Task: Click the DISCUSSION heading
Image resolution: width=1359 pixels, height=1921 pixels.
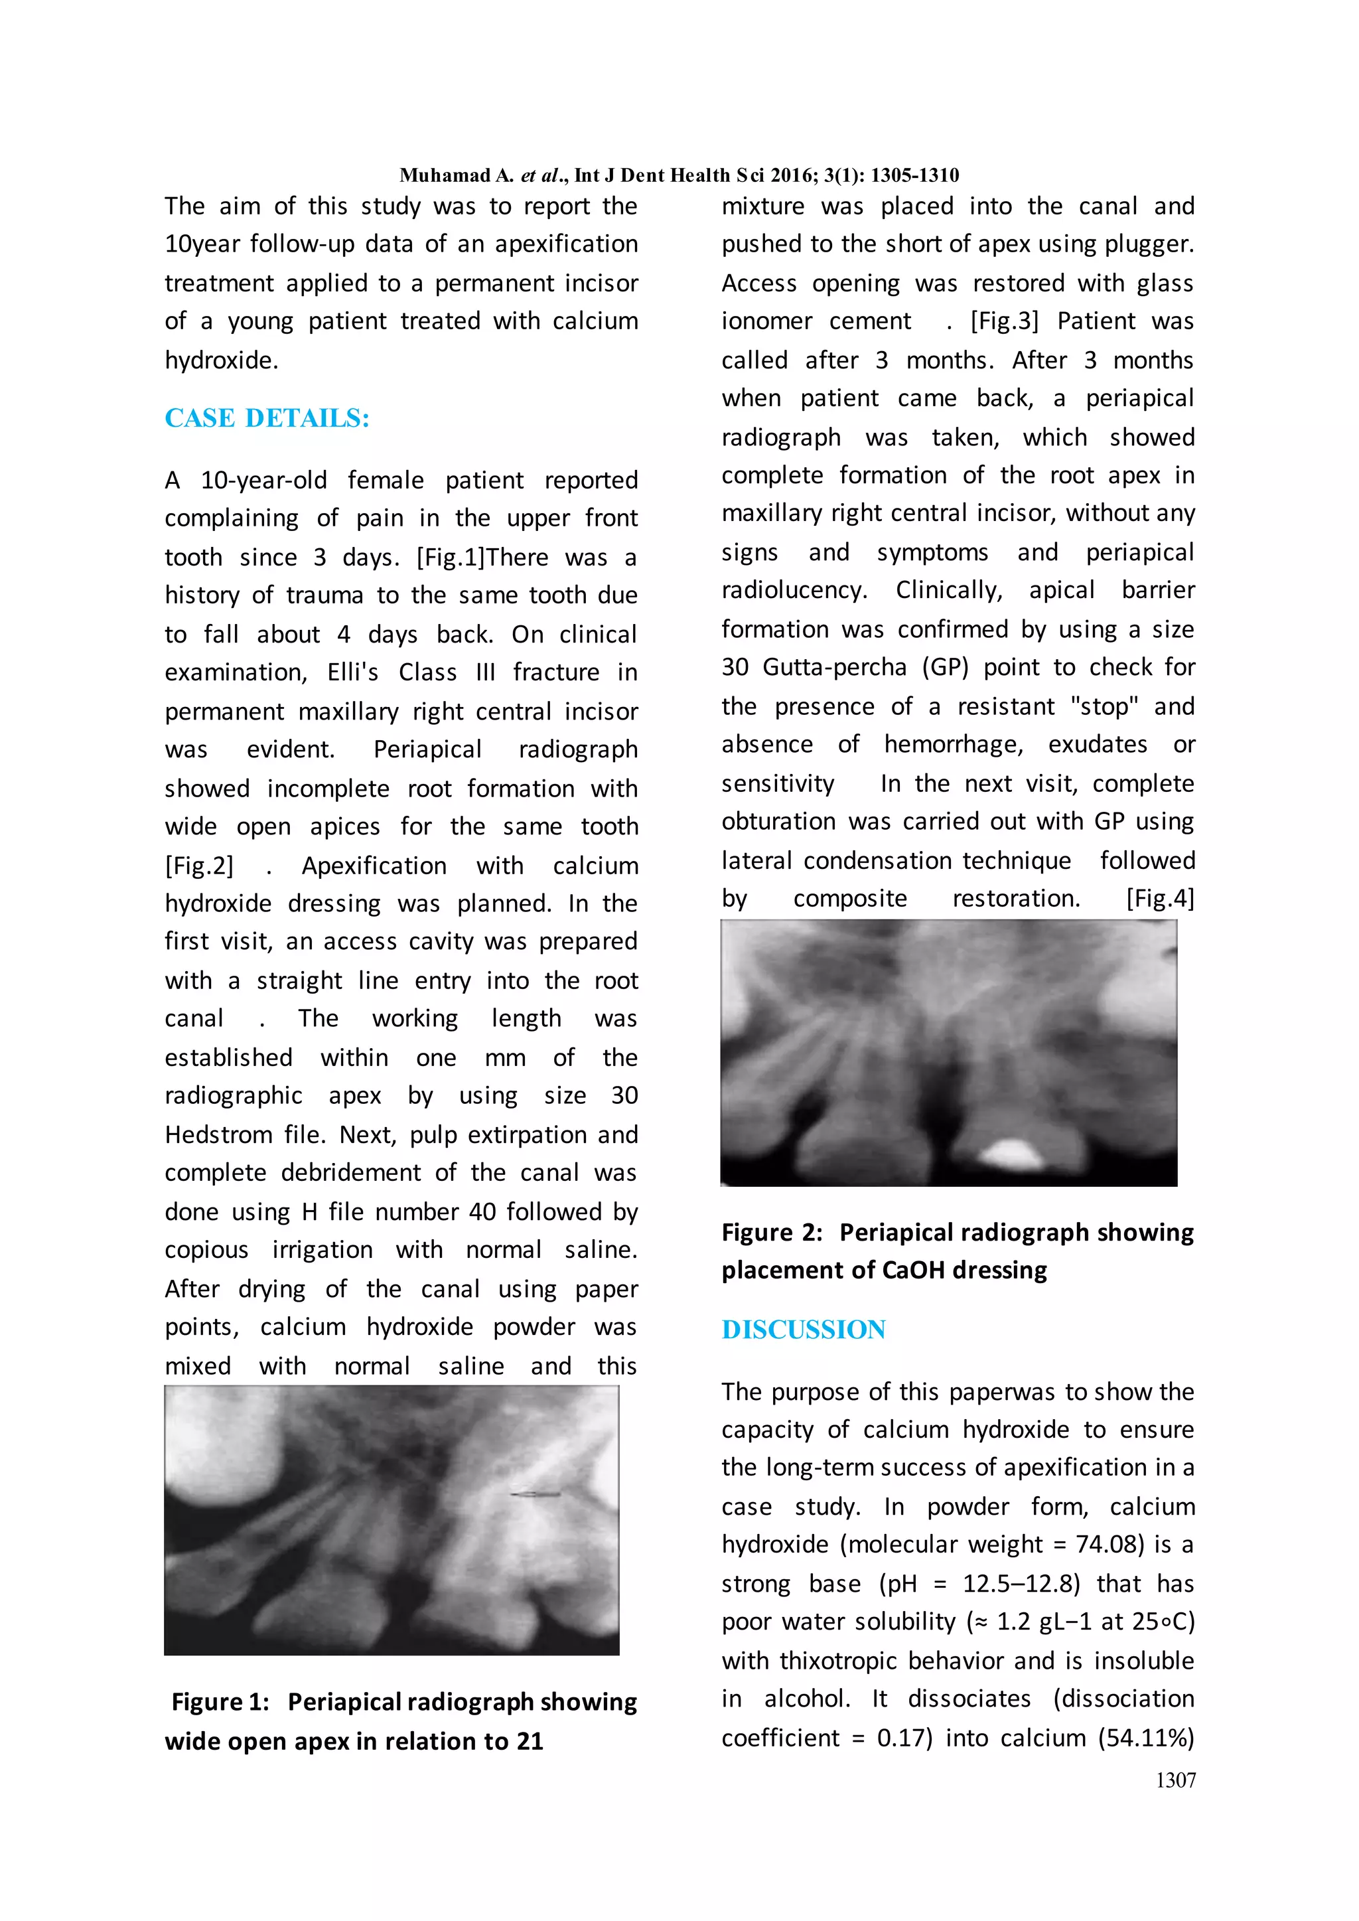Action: pos(804,1329)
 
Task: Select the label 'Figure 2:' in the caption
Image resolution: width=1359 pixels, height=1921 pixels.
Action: pos(772,1232)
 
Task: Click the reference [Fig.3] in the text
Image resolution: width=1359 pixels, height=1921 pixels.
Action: pos(1003,321)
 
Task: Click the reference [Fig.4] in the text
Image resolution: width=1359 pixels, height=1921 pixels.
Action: pos(1160,899)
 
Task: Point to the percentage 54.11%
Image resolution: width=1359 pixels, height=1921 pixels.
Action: pos(1144,1738)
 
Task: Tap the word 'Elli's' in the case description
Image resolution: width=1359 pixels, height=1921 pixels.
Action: pos(353,673)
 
